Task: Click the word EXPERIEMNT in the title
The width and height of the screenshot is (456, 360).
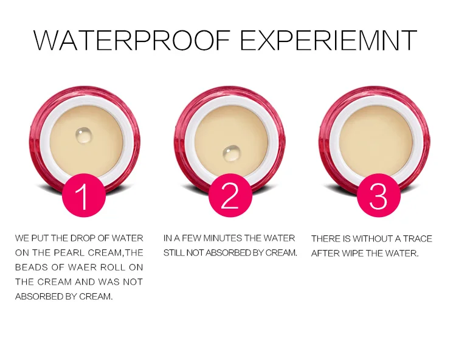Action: [328, 40]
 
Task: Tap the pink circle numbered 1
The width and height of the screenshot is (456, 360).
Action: [84, 195]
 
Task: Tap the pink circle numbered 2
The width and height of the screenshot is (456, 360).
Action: [230, 195]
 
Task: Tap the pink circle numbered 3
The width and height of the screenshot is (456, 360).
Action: [378, 195]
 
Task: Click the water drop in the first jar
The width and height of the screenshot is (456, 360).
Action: [84, 135]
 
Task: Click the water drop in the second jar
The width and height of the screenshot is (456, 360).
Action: [232, 153]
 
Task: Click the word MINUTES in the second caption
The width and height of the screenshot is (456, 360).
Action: [223, 238]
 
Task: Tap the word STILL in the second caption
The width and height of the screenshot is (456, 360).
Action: [174, 253]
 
